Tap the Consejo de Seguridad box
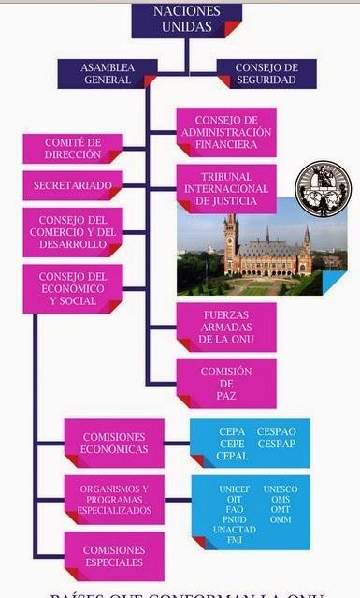(267, 74)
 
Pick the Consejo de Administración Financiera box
(226, 132)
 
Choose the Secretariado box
(72, 185)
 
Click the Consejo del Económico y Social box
(72, 288)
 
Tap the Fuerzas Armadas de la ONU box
(226, 326)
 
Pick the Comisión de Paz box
(226, 383)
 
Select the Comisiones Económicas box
(114, 443)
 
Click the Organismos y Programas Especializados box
(114, 500)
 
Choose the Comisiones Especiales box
(114, 556)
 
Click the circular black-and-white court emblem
(321, 189)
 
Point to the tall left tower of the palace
(230, 241)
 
